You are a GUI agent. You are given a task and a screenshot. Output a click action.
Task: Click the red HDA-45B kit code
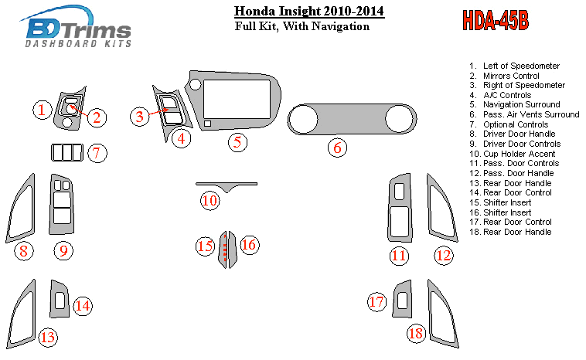tap(496, 20)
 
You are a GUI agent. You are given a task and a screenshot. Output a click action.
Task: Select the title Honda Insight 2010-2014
tap(309, 12)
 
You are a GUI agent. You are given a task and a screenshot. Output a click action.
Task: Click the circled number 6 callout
tap(337, 148)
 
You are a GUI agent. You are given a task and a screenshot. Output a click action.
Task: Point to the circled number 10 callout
tap(210, 201)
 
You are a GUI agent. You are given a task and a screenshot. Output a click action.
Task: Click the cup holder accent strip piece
tap(227, 185)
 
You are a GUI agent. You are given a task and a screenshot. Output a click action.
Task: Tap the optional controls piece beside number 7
tap(67, 152)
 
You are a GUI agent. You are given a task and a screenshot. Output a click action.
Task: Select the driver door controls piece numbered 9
tap(61, 204)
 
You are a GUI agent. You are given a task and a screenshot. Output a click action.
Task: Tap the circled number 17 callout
tap(376, 302)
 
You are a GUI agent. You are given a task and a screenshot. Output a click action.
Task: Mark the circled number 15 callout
tap(205, 246)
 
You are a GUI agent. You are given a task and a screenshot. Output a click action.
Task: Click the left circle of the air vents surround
tap(303, 120)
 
